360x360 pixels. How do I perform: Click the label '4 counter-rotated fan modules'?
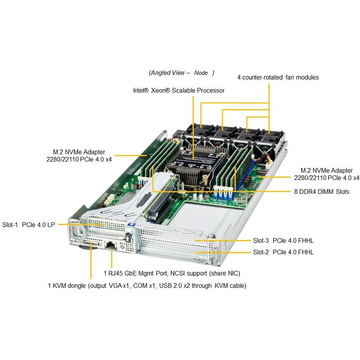[x=278, y=77]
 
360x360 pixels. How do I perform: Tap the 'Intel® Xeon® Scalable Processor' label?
[x=179, y=90]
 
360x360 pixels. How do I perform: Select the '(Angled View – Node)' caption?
[x=181, y=72]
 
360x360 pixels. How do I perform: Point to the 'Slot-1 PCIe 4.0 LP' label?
[x=29, y=225]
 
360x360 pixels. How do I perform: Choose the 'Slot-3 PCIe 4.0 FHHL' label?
[x=283, y=241]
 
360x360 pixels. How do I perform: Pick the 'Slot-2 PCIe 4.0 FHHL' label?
[x=283, y=252]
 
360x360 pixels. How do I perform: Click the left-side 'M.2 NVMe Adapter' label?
[x=79, y=155]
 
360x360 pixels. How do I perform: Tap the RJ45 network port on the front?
[x=111, y=245]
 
